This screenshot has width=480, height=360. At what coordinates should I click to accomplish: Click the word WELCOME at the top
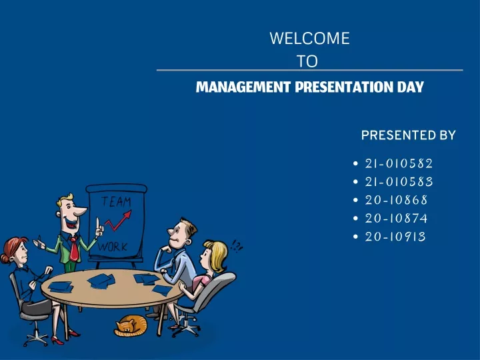coord(309,38)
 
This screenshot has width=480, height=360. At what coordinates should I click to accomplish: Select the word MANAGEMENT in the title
coord(243,87)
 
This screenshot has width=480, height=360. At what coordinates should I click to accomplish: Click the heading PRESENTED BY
coord(409,135)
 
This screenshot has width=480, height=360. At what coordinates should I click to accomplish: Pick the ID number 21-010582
coord(399,163)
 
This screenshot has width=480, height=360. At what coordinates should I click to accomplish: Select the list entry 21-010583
coord(399,182)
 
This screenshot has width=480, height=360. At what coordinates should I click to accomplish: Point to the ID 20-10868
coord(396,200)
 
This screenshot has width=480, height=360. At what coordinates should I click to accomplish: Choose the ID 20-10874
coord(396,218)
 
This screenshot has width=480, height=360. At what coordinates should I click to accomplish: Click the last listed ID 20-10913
coord(395,237)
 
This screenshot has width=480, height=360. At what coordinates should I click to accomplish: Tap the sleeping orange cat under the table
coord(131,326)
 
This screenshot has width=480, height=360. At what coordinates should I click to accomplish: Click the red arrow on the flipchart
coord(118,220)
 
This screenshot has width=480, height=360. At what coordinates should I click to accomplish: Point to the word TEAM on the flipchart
coord(116,202)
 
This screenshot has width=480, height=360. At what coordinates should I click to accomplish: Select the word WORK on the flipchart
coord(113,247)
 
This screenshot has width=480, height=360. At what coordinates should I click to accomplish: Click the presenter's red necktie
coord(73,249)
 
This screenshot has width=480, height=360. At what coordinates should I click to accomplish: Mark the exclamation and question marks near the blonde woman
coord(236,245)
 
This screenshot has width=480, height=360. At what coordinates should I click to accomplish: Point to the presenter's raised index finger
coord(97,223)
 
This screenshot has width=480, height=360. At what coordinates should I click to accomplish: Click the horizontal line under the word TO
coord(309,70)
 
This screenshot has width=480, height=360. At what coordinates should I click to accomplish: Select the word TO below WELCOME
coord(307,61)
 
